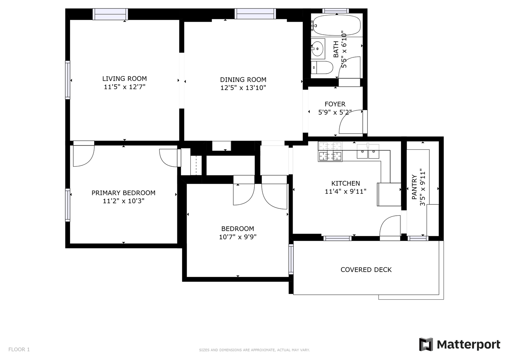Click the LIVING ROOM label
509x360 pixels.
(x=125, y=79)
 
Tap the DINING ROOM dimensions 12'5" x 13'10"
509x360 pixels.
(x=243, y=88)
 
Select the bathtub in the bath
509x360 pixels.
(x=337, y=25)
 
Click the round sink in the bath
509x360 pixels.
(x=317, y=48)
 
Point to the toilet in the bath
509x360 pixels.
(x=322, y=67)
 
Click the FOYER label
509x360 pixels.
(x=335, y=104)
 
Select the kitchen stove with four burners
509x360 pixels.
(x=330, y=152)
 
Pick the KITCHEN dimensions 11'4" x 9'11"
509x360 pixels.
(x=345, y=192)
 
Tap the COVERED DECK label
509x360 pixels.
(x=366, y=270)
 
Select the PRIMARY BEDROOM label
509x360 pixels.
(x=123, y=193)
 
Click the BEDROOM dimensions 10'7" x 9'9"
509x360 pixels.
(x=238, y=237)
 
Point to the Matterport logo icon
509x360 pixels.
(x=426, y=345)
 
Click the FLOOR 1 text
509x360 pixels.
(x=19, y=350)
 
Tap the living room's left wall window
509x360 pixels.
(x=68, y=80)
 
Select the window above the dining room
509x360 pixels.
(x=255, y=14)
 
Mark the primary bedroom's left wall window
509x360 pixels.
(x=68, y=205)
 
